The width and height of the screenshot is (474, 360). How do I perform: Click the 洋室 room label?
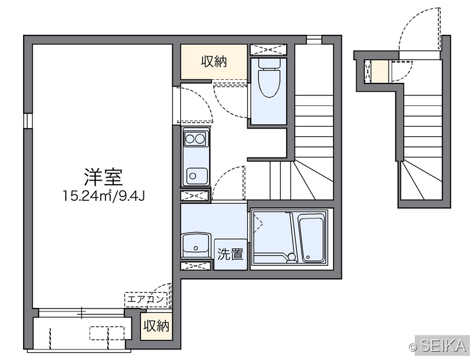pyautogui.click(x=103, y=177)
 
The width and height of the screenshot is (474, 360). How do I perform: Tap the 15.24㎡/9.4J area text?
pyautogui.click(x=104, y=196)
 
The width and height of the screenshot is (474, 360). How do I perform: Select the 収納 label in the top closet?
pyautogui.click(x=214, y=62)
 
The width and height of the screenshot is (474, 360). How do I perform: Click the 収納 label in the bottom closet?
pyautogui.click(x=156, y=326)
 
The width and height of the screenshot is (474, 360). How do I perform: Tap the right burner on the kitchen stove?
pyautogui.click(x=200, y=139)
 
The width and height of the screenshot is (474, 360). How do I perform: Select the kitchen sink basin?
pyautogui.click(x=197, y=176)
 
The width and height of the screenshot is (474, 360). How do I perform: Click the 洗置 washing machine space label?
pyautogui.click(x=230, y=254)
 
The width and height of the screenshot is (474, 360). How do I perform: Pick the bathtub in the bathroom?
pyautogui.click(x=312, y=238)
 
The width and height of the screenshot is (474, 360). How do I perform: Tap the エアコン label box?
pyautogui.click(x=146, y=300)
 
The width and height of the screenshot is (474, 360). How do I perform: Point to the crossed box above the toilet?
pyautogui.click(x=268, y=50)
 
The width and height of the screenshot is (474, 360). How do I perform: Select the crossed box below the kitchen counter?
pyautogui.click(x=196, y=195)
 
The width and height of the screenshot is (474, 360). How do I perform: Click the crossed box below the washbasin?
pyautogui.click(x=196, y=266)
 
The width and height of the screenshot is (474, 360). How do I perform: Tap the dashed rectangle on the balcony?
pyautogui.click(x=107, y=333)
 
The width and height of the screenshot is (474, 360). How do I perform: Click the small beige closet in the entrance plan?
pyautogui.click(x=379, y=71)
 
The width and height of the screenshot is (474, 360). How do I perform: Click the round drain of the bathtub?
pyautogui.click(x=308, y=258)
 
